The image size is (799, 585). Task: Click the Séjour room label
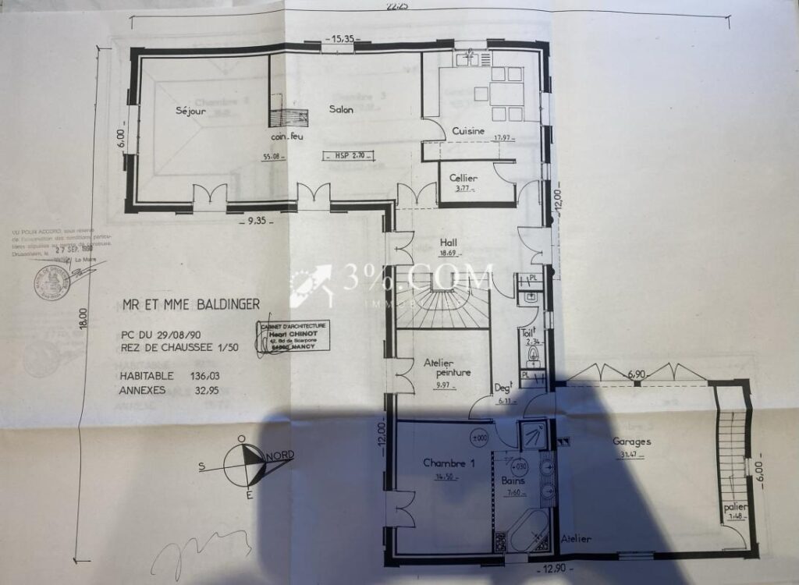(190, 111)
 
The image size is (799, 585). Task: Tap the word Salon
(341, 109)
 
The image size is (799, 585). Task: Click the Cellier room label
(463, 179)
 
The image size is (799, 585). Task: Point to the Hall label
(448, 242)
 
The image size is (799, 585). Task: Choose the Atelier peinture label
(442, 367)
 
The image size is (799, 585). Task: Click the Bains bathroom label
(512, 481)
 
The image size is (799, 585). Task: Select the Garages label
(632, 441)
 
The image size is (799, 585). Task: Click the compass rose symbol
(244, 465)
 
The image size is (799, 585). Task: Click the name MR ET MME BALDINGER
(191, 304)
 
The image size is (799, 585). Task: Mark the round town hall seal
(52, 282)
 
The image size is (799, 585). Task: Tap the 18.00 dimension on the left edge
(84, 318)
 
